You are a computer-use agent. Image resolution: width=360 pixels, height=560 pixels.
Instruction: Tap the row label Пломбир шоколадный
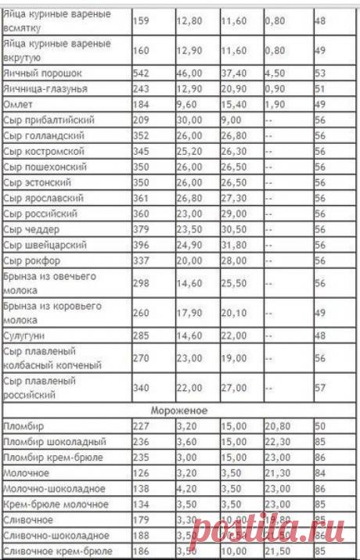[44, 440]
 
